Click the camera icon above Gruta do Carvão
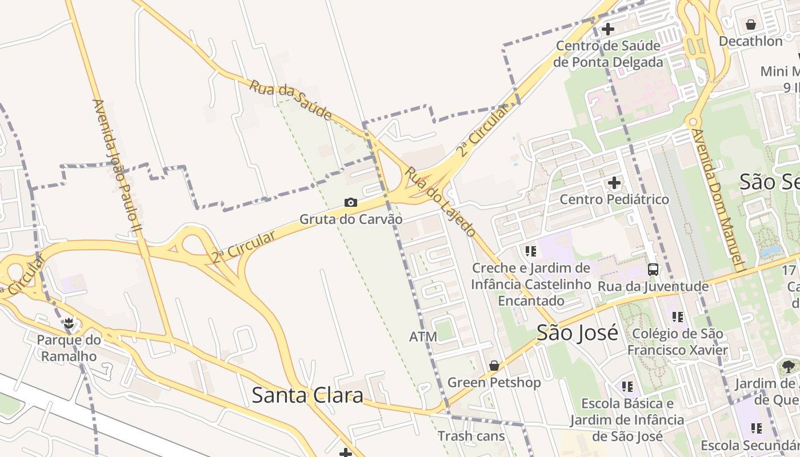(x=351, y=203)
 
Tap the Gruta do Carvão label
(x=351, y=219)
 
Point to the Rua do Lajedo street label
(x=440, y=202)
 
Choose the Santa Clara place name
(x=307, y=395)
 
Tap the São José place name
(x=577, y=332)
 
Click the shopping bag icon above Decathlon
(x=751, y=25)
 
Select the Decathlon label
(x=751, y=41)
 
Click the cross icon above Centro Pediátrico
(x=614, y=183)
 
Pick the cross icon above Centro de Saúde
(x=608, y=29)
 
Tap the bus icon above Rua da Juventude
(x=653, y=270)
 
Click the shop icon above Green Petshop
(x=494, y=366)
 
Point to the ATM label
(x=423, y=337)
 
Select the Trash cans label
(x=471, y=436)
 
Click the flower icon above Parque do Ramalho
(x=69, y=323)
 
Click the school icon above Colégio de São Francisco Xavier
(x=678, y=316)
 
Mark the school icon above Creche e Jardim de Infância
(x=531, y=251)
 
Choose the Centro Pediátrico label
(x=614, y=199)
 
